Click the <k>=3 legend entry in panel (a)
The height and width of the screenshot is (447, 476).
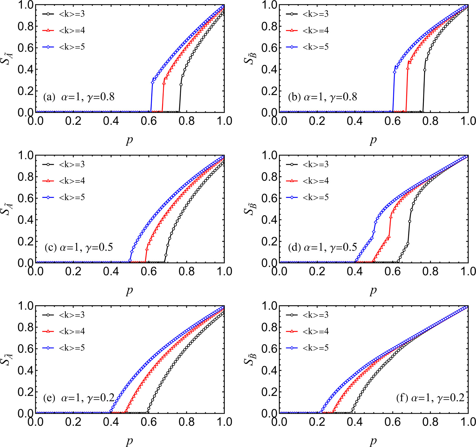72,14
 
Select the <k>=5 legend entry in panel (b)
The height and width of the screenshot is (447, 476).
315,47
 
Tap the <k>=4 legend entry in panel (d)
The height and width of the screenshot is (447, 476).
315,181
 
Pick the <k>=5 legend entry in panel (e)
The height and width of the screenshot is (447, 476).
72,348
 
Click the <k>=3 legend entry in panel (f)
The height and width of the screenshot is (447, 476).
315,315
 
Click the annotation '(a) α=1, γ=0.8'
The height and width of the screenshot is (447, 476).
79,97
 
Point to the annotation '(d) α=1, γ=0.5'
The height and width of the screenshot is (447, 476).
322,247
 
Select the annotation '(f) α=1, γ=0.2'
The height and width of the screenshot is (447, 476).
430,398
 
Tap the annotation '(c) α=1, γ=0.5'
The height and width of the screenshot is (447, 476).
79,247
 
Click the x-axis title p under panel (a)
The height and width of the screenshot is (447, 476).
129,140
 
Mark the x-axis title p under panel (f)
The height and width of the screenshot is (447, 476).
373,441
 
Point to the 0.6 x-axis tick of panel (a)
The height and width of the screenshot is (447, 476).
149,121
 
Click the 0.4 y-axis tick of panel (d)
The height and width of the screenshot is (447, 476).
270,220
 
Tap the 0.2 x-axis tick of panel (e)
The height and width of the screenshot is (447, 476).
73,422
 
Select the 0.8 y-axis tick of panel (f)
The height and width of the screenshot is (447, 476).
270,327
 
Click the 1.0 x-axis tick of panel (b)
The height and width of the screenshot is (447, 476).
468,121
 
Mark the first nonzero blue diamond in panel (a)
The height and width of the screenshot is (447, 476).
152,83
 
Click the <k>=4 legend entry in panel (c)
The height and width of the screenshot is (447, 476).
72,181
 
